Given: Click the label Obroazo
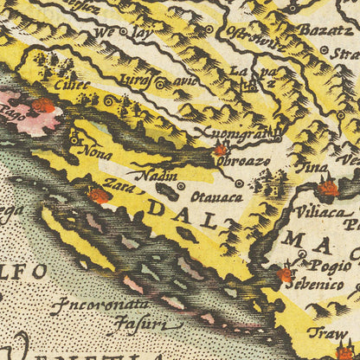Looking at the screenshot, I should click(x=242, y=161).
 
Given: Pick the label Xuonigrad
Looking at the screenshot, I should click(x=249, y=134).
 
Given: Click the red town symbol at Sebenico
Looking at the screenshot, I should click(x=285, y=276).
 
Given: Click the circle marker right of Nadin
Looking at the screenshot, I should click(x=179, y=185).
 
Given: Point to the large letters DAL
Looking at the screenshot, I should click(x=173, y=208).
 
